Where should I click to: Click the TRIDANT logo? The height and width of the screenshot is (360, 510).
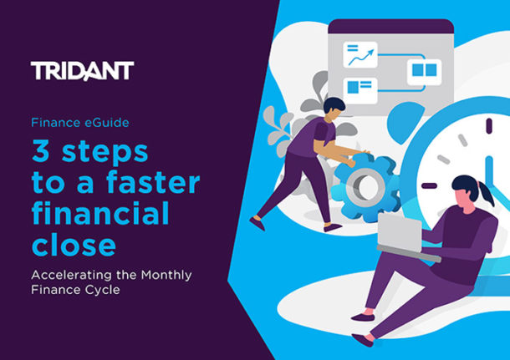[x=82, y=70]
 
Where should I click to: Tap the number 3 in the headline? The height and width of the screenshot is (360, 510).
[x=41, y=152]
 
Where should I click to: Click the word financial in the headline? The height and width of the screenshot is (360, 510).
[x=99, y=214]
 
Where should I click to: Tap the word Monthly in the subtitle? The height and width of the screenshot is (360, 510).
[x=174, y=275]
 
